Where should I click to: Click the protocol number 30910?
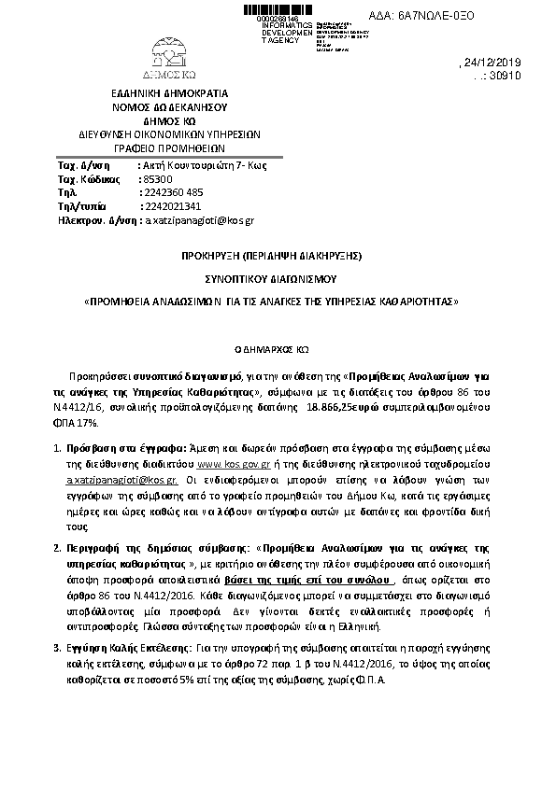tap(511, 77)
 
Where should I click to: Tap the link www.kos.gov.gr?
tap(234, 462)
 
